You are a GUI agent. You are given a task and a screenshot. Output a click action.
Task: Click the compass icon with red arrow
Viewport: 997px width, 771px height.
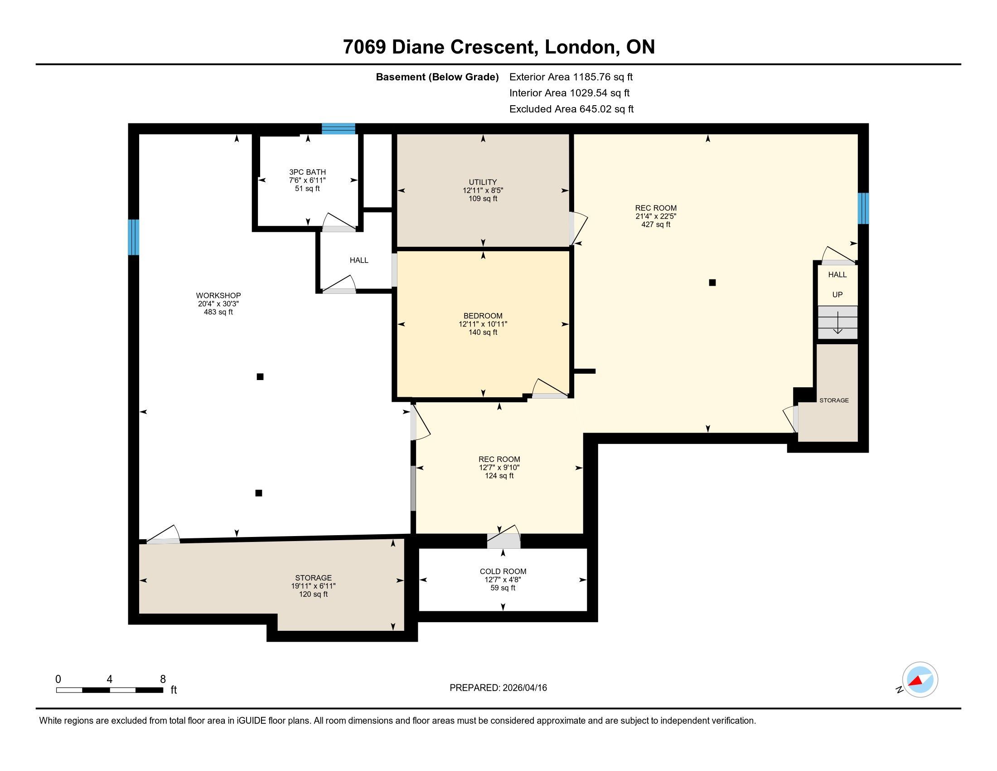click(x=920, y=679)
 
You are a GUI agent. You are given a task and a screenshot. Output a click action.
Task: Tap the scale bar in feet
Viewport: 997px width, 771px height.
click(x=110, y=690)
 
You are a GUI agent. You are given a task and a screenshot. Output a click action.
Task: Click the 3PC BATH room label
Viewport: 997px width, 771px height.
click(x=307, y=172)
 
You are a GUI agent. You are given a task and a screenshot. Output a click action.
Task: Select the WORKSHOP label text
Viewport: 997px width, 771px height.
click(x=218, y=296)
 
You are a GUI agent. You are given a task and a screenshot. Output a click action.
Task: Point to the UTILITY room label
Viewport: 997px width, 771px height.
click(x=483, y=182)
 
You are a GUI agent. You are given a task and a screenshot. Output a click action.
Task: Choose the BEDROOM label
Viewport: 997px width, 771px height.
click(x=483, y=316)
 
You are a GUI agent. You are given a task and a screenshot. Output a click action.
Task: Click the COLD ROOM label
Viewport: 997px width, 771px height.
click(x=503, y=571)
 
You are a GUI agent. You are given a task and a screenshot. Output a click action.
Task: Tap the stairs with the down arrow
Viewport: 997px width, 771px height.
click(x=837, y=322)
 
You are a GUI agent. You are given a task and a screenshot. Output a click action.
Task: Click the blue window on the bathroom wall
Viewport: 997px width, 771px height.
click(x=338, y=129)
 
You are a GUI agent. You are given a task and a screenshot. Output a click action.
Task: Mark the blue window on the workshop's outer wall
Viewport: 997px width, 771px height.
click(x=133, y=237)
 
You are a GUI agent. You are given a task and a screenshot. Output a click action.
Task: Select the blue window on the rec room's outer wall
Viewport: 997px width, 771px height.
click(x=863, y=208)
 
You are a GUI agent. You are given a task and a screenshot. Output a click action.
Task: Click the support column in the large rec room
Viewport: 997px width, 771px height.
click(x=712, y=283)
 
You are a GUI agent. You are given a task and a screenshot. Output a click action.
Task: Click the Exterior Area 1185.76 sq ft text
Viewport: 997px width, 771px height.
click(x=571, y=77)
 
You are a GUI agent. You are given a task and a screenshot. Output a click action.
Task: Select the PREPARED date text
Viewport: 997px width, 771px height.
click(x=498, y=688)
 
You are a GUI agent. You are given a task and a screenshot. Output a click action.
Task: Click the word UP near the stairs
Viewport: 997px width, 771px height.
click(x=837, y=295)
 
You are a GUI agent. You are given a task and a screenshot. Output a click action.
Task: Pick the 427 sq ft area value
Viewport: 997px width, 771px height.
click(x=656, y=224)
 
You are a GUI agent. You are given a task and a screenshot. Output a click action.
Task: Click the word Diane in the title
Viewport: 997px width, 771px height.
click(x=418, y=47)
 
